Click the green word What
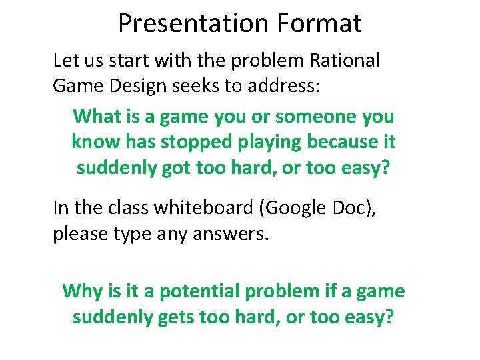96,116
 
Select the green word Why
82,291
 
